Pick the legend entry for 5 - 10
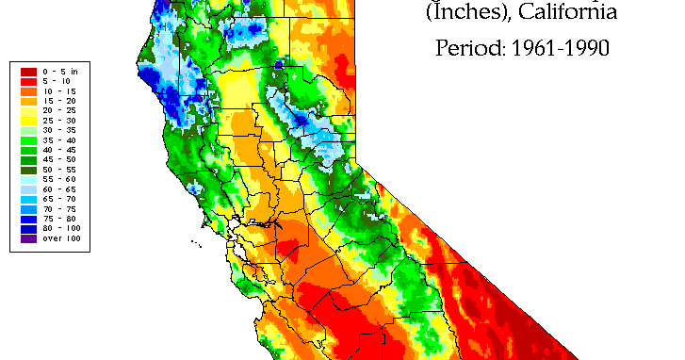coord(53,81)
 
